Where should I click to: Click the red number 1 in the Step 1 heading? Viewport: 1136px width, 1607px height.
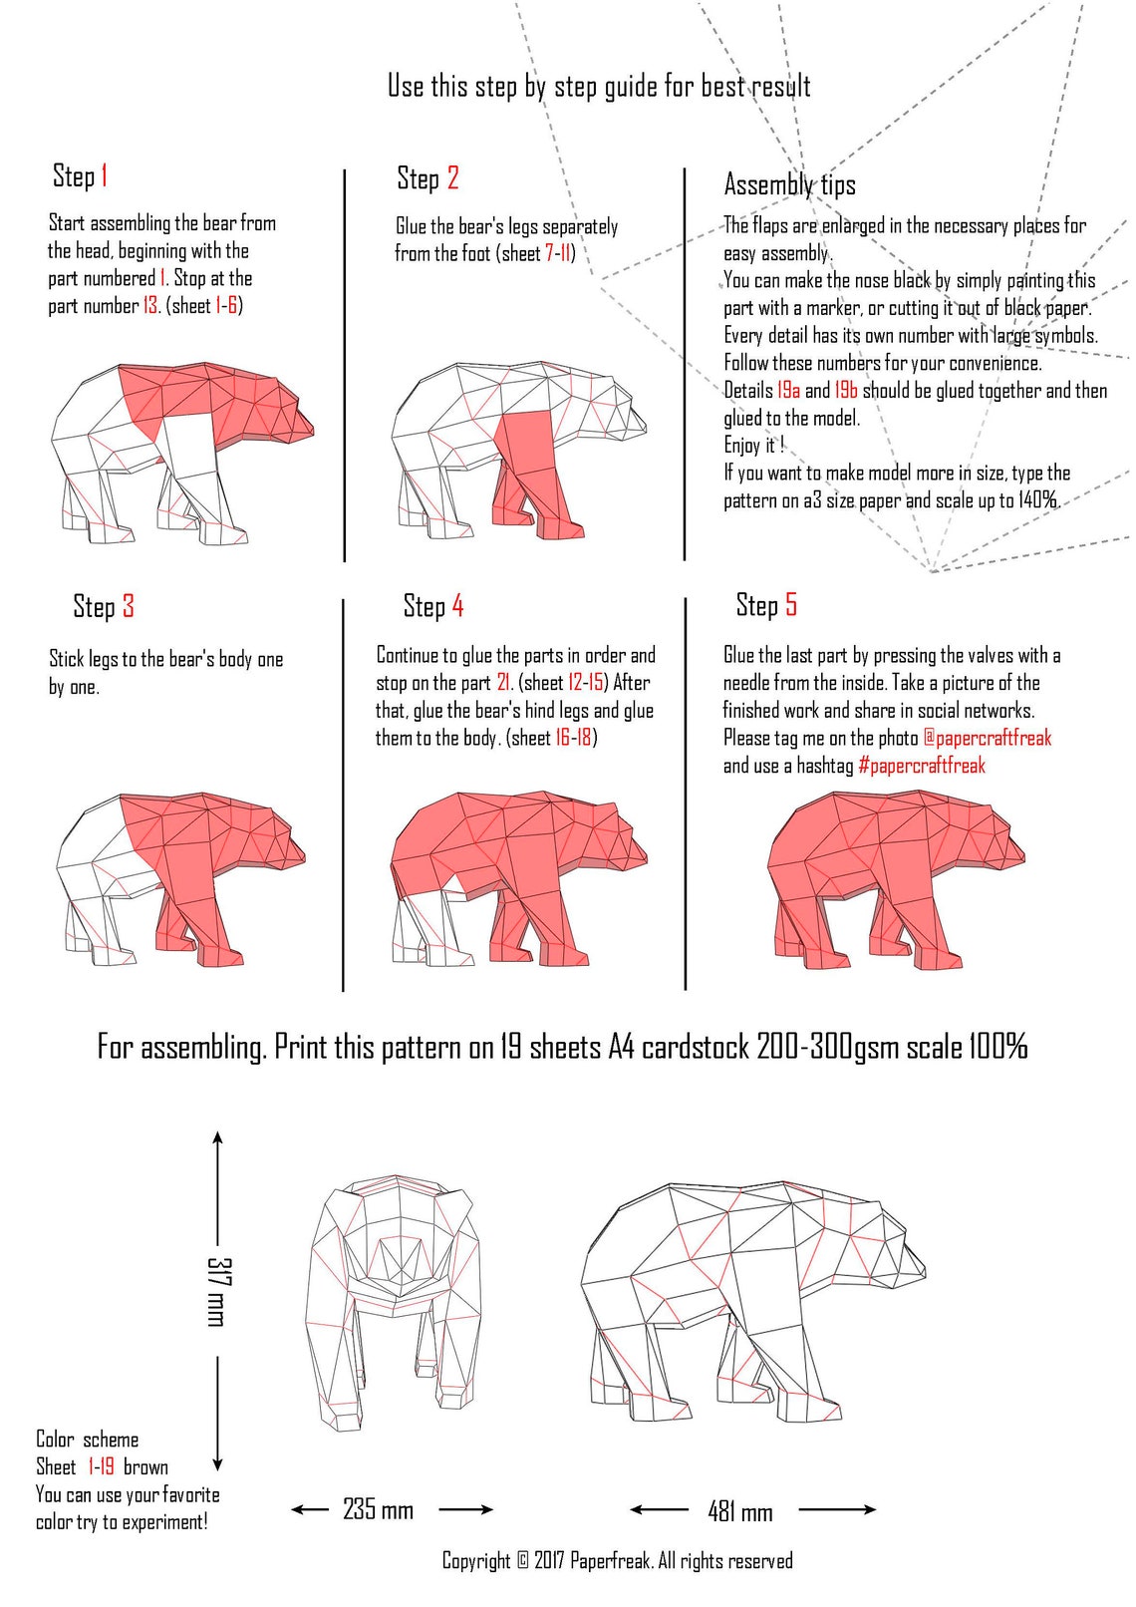tap(104, 176)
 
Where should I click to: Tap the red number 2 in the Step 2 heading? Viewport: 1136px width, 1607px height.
tap(452, 178)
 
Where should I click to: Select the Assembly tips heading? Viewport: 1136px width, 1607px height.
tap(789, 184)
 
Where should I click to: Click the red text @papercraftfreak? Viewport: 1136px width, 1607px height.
tap(987, 738)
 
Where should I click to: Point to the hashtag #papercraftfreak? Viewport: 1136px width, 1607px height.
tap(921, 766)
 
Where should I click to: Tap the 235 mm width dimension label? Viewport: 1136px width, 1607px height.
tap(378, 1509)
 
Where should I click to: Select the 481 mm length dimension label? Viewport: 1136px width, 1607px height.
tap(740, 1512)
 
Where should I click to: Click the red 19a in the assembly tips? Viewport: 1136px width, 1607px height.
tap(788, 391)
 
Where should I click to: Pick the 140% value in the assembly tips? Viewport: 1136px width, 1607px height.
tap(1037, 500)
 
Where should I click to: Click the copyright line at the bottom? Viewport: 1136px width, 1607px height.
tap(617, 1561)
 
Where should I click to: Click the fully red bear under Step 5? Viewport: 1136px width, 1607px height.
tap(887, 877)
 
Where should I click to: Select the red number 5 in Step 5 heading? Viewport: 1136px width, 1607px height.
tap(790, 605)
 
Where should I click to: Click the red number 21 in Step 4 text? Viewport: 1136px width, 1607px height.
tap(503, 683)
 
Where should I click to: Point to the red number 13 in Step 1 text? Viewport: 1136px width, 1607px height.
tap(149, 306)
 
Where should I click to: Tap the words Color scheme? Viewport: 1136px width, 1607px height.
tap(87, 1440)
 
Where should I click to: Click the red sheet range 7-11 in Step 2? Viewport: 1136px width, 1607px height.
tap(558, 253)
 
